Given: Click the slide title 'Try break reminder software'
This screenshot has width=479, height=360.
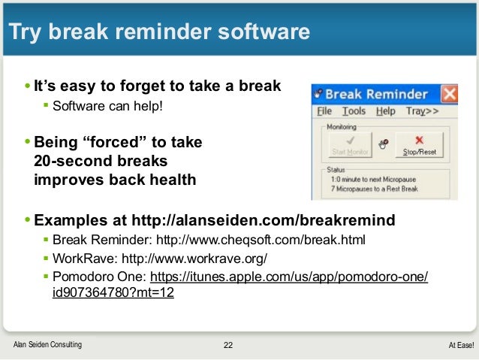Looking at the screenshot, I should [x=158, y=32].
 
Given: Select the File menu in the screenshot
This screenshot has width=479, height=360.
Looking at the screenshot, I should [x=324, y=111].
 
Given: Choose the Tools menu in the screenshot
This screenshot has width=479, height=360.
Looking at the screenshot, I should [x=353, y=111].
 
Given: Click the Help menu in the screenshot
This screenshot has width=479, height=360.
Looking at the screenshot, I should [x=385, y=111].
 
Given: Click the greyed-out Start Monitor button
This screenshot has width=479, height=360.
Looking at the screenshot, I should [x=349, y=144].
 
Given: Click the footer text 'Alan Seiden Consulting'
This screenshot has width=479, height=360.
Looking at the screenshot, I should [x=48, y=345].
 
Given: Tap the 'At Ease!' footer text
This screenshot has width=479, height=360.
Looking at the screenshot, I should [x=461, y=345].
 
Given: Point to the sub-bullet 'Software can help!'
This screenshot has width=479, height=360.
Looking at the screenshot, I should [x=107, y=105].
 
